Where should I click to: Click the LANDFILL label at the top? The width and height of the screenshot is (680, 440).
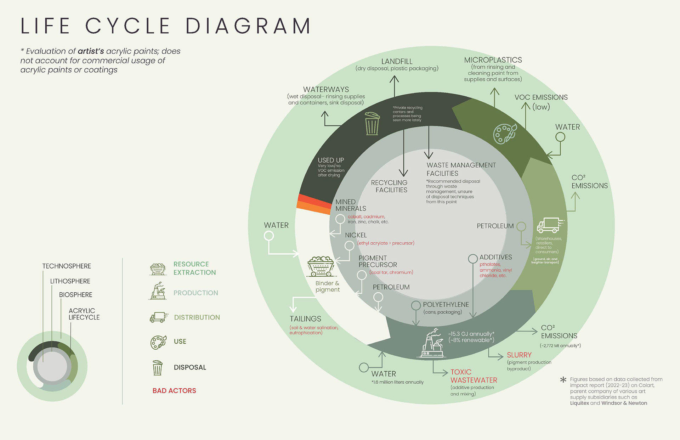pos(397,61)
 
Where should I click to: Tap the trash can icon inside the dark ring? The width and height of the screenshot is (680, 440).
pos(372,124)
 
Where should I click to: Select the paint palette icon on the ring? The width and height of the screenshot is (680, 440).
pos(505,134)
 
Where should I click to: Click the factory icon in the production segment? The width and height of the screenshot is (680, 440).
pos(432,343)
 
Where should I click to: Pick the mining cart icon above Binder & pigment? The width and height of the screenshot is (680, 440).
pos(321,266)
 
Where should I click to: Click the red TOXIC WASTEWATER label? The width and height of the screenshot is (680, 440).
pos(474,376)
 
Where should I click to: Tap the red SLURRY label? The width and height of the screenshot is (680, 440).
pos(519,355)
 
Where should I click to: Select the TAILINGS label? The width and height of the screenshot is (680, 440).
pos(305,319)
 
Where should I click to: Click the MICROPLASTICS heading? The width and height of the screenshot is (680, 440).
pos(493,60)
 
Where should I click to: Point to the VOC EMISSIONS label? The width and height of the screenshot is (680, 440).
pos(541,97)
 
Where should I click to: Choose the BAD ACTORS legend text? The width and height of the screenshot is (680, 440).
pos(174,391)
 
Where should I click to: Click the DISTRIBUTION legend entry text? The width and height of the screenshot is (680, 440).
pos(197,317)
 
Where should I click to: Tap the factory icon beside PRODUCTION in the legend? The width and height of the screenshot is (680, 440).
pos(158,291)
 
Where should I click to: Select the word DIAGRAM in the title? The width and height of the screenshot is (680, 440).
pos(248,26)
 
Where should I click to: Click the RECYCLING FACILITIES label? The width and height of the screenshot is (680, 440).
pos(389,186)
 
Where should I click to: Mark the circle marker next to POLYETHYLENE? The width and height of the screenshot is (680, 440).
pos(416,305)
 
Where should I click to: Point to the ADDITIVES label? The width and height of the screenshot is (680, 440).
pos(495,257)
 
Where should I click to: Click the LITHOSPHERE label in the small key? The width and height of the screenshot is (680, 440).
pos(70,281)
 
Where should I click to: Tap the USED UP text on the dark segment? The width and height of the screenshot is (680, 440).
pos(331,160)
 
